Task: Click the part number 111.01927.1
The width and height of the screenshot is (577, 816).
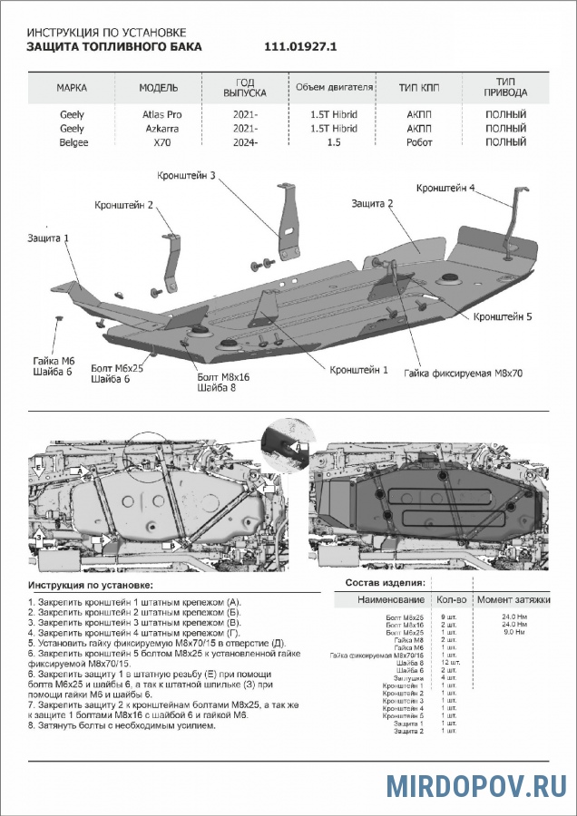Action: coord(300,45)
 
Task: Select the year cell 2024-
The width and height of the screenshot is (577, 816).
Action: coord(244,142)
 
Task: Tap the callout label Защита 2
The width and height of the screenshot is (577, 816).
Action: coord(372,204)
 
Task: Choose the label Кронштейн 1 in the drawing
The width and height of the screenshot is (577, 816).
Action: coord(359,370)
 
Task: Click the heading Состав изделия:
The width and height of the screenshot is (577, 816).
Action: coord(386,582)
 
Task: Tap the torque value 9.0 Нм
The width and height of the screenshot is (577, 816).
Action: coord(515,633)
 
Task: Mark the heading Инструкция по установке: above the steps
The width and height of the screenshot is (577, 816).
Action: coord(89,588)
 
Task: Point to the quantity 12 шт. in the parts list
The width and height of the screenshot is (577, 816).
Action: coord(451,662)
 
